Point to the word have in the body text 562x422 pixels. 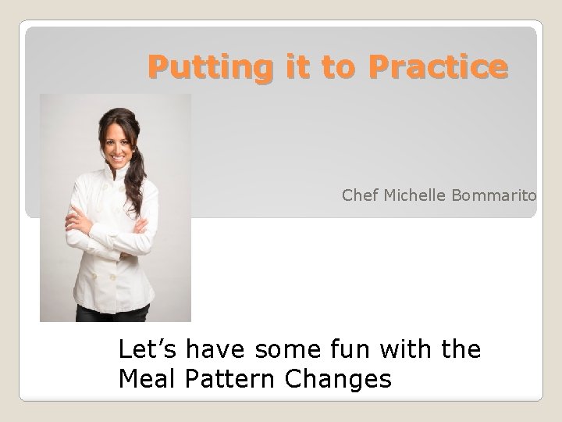click(209, 349)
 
